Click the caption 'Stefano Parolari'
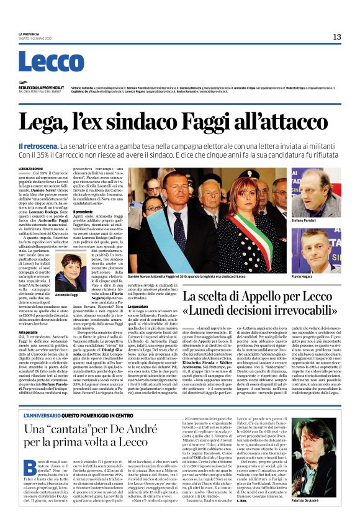click(305, 220)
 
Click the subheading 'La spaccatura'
click(139, 306)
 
